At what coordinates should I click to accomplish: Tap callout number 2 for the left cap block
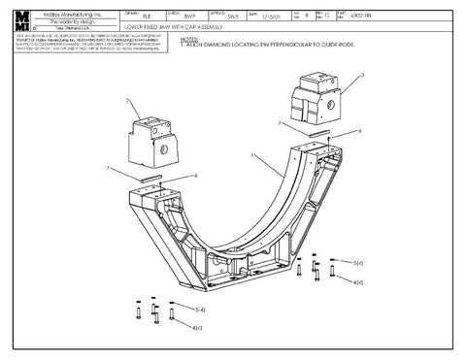pos(127,100)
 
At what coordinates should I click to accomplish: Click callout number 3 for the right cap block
pos(362,75)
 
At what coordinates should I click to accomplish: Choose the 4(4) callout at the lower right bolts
pos(358,281)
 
